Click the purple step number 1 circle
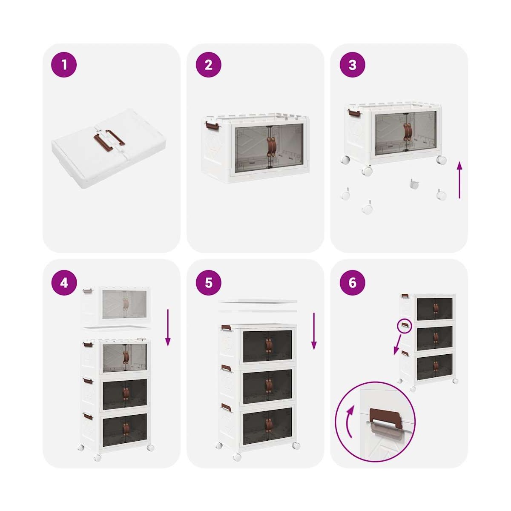[64, 65]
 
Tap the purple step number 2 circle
[208, 65]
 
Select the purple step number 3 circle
[353, 65]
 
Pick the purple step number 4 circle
[64, 283]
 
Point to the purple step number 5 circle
[208, 283]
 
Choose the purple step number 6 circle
[353, 283]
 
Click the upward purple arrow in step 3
[459, 180]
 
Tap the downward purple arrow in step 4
[168, 327]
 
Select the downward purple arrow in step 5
[314, 331]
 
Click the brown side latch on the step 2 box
[212, 126]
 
